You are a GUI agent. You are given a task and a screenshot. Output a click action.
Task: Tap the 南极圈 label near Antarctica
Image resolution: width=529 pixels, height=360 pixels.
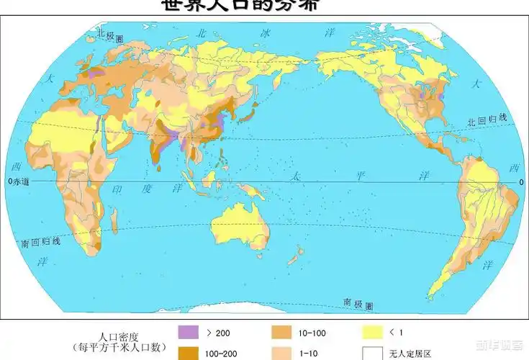pyautogui.click(x=358, y=304)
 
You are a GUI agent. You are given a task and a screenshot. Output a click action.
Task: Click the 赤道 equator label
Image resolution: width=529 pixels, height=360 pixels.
pyautogui.click(x=22, y=182)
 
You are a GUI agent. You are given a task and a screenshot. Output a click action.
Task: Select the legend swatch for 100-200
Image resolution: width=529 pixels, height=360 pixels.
pyautogui.click(x=188, y=353)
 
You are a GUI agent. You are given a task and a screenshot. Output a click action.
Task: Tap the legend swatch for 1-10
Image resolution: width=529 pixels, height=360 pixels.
pyautogui.click(x=282, y=353)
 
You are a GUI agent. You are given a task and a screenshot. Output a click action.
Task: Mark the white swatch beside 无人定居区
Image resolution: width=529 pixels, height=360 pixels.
pyautogui.click(x=372, y=353)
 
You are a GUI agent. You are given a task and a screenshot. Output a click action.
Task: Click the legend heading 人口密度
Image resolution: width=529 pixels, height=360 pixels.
pyautogui.click(x=119, y=336)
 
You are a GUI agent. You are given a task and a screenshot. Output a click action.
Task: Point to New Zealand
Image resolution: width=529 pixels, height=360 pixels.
pyautogui.click(x=295, y=253)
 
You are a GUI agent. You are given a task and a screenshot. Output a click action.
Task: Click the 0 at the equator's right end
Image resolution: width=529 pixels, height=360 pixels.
pyautogui.click(x=521, y=182)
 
